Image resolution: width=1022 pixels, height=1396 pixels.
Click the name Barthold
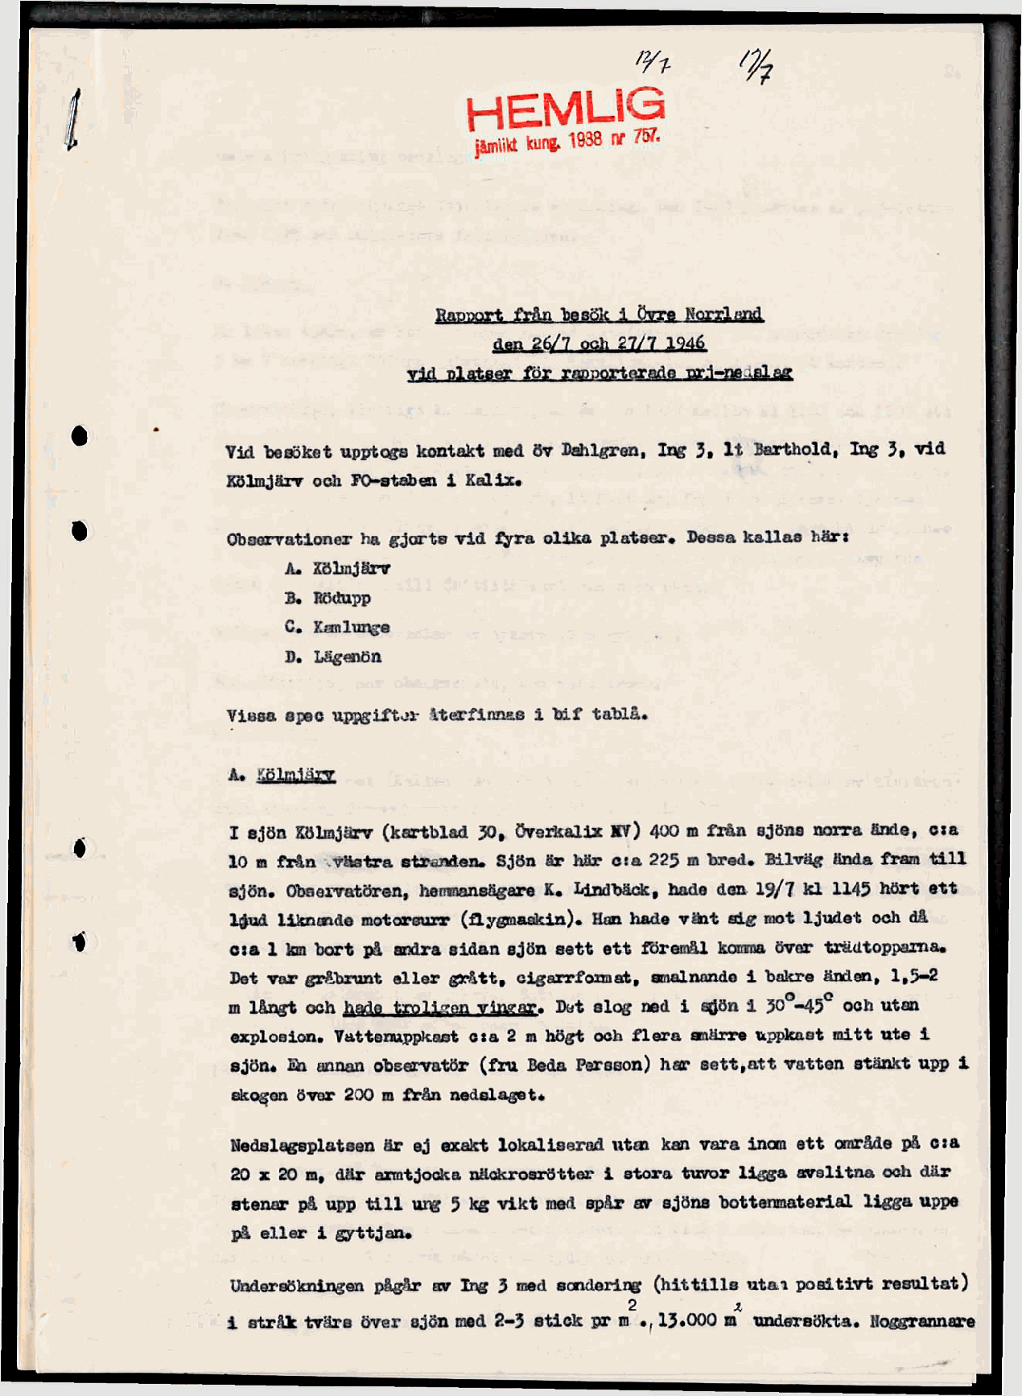(x=789, y=449)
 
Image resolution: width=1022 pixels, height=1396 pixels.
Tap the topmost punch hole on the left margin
(x=79, y=436)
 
